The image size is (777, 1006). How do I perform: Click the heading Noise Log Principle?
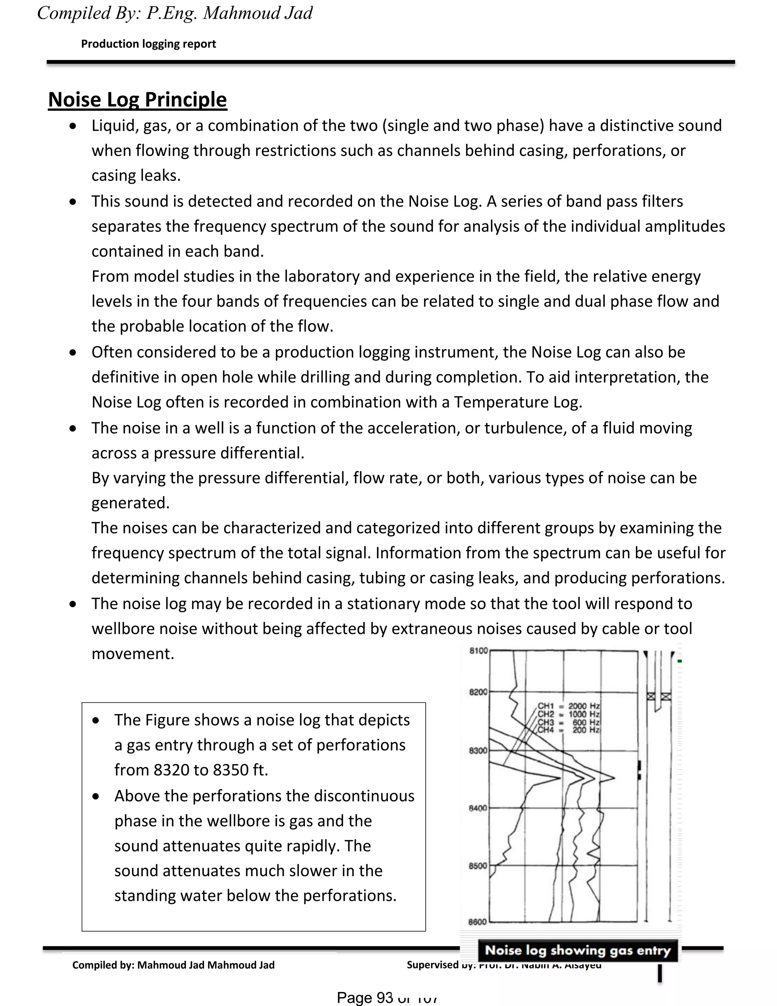(137, 99)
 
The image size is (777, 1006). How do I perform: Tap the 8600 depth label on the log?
(477, 922)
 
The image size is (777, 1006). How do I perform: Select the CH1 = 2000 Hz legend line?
(568, 706)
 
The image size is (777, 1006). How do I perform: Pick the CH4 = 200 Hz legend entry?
(568, 730)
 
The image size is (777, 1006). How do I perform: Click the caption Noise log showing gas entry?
(578, 950)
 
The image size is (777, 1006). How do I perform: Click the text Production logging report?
(148, 44)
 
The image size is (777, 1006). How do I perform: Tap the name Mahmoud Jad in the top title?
(258, 13)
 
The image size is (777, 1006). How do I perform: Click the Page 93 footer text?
(366, 997)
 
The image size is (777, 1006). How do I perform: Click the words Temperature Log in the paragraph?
(518, 402)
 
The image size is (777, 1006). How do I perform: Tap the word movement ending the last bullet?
(132, 654)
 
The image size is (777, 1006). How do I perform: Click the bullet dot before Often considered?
(73, 352)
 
